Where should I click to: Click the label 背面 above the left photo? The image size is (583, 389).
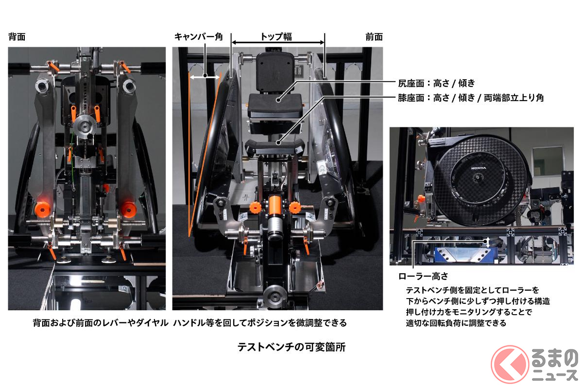click(x=17, y=37)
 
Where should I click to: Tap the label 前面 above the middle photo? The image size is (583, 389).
click(x=374, y=37)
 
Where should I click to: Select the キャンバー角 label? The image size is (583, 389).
click(x=198, y=37)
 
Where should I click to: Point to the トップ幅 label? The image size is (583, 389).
click(x=276, y=36)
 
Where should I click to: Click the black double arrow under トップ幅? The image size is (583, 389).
click(x=278, y=42)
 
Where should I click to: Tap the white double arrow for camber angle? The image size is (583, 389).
click(x=205, y=77)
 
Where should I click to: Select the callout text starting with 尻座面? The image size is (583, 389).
click(x=436, y=83)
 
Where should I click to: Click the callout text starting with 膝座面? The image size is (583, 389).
click(x=471, y=98)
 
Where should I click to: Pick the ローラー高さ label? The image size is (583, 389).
click(x=423, y=276)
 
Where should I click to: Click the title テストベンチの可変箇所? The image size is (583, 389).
click(x=291, y=347)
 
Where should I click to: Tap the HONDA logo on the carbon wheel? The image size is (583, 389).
click(x=479, y=168)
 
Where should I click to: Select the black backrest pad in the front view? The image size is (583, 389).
click(x=275, y=71)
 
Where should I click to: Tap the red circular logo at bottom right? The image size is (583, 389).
click(x=510, y=364)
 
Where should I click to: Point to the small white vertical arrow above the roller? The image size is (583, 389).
click(x=488, y=242)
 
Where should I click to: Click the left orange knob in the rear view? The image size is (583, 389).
click(x=42, y=209)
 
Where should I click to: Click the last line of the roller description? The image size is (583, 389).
click(x=456, y=323)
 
